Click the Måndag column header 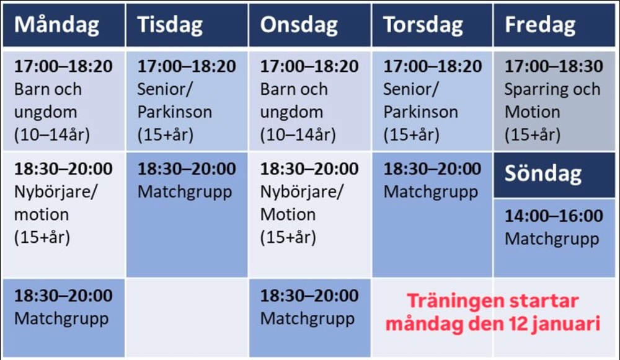56,25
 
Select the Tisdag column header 170,25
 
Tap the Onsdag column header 299,25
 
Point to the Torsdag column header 423,25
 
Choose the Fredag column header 540,25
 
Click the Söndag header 543,174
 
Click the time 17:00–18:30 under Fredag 554,66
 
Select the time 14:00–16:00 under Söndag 554,216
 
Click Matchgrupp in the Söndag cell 552,239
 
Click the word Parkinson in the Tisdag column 174,112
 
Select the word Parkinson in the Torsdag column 420,112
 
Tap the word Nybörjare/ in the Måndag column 55,193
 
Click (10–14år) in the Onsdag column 298,135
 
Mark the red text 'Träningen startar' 493,301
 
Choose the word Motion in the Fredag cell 532,112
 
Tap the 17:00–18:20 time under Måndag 63,66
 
